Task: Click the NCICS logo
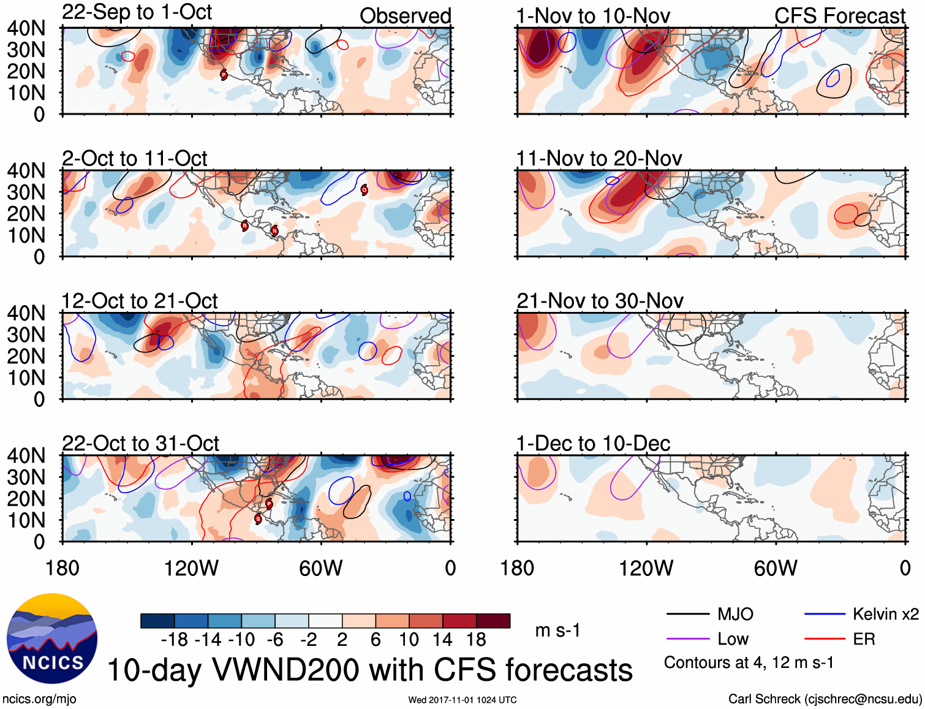[x=52, y=638]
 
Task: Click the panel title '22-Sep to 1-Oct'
[x=137, y=12]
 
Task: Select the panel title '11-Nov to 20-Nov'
[x=598, y=159]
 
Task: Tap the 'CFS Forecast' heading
[x=839, y=16]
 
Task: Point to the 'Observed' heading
[x=405, y=16]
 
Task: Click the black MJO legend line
[x=687, y=614]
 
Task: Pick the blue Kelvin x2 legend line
[x=825, y=614]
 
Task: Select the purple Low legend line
[x=687, y=639]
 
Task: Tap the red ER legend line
[x=825, y=639]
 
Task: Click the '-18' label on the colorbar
[x=175, y=640]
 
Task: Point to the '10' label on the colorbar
[x=409, y=640]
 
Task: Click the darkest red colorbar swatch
[x=493, y=621]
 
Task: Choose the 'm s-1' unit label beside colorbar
[x=557, y=631]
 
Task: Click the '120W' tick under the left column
[x=191, y=569]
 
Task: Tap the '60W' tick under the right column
[x=776, y=569]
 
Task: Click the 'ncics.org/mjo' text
[x=39, y=699]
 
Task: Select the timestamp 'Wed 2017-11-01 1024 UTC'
[x=462, y=700]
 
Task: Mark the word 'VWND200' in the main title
[x=285, y=670]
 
